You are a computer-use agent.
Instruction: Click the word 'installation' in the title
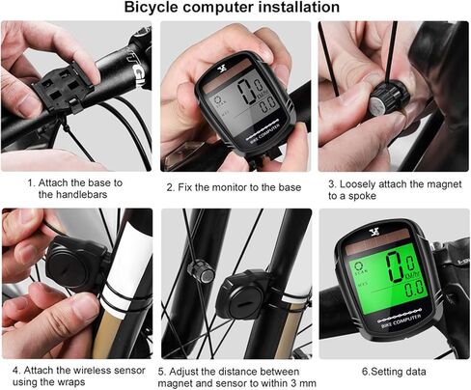coord(291,8)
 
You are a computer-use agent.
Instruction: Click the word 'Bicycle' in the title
coord(158,8)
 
